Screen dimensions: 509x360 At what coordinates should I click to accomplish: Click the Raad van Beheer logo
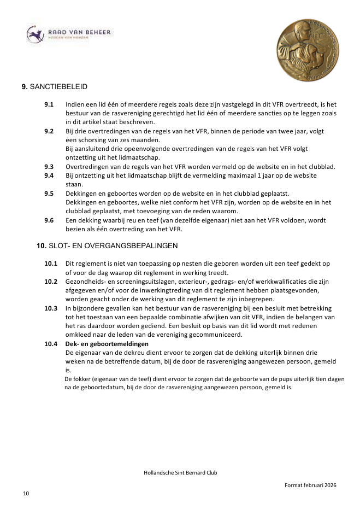(x=68, y=34)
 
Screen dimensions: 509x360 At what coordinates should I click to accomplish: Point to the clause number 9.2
(x=49, y=131)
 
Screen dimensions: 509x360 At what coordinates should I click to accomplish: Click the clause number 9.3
(x=49, y=167)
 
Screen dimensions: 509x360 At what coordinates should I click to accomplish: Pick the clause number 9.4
(x=49, y=175)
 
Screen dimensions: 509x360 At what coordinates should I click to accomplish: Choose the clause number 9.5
(x=49, y=194)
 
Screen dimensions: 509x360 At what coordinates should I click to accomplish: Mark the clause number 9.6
(x=49, y=220)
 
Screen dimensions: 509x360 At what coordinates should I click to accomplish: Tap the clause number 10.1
(x=51, y=264)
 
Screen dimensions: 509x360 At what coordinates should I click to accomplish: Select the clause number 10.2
(x=51, y=282)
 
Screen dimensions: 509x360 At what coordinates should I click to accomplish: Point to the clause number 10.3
(x=51, y=308)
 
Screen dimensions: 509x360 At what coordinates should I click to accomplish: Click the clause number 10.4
(x=51, y=344)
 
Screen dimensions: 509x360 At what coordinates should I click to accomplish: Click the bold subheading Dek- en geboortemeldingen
(x=107, y=344)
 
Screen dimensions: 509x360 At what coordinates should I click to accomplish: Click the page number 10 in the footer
(x=26, y=494)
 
